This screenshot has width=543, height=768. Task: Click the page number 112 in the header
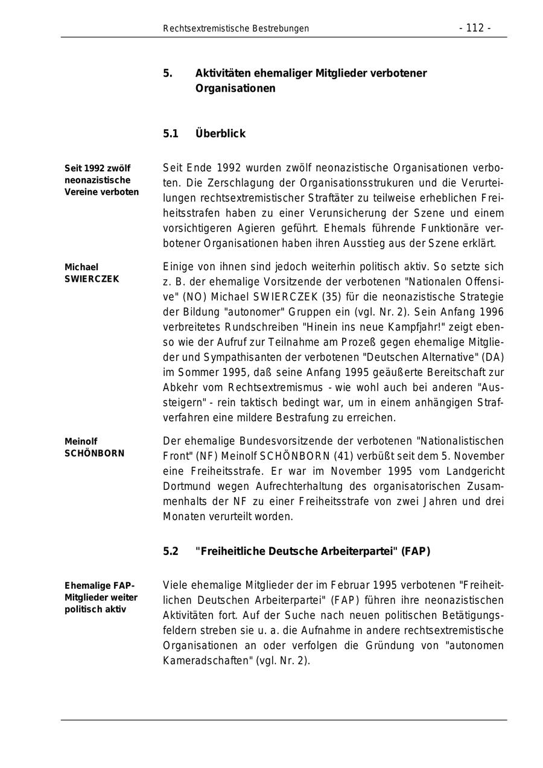pos(475,28)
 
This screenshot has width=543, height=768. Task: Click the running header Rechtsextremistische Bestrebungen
pos(236,28)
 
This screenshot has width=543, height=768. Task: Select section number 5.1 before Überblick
pos(171,133)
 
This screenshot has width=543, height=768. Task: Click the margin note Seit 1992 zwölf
pos(97,168)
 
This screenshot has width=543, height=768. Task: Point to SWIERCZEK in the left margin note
pos(92,279)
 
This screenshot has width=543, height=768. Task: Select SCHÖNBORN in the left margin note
pos(94,454)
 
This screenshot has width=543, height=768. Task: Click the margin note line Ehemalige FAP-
pos(100,586)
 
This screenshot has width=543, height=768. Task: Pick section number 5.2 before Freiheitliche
pos(171,551)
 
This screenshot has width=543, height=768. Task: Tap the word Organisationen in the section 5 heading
pos(235,89)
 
